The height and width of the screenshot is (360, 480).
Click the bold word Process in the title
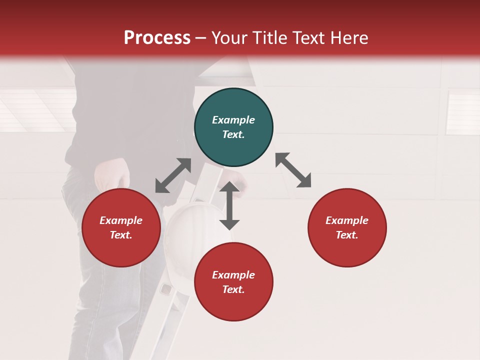coord(157,38)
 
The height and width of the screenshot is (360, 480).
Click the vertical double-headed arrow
coord(229,205)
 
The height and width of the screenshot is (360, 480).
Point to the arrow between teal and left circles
coord(173,175)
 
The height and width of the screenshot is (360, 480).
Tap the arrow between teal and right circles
coord(293,170)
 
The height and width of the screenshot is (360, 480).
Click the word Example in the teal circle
coord(233,120)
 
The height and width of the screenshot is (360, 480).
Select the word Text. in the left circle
coord(121,235)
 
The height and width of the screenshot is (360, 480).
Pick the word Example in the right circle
coord(347,220)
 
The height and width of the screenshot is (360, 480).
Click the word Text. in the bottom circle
coord(233,289)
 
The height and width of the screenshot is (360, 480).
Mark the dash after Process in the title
coord(200,38)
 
